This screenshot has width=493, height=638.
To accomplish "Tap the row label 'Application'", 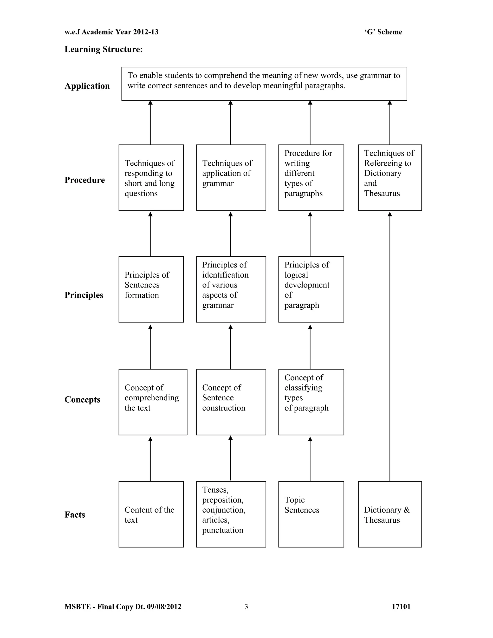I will coord(87,86).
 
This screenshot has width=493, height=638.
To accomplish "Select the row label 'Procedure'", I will coord(85,180).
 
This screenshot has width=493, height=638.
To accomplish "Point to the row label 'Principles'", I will coord(84,295).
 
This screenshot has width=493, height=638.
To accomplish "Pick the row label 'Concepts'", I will coord(82,399).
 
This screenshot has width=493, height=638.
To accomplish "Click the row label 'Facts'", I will coord(75,514).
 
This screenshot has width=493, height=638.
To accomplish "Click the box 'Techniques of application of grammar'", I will coord(231,177).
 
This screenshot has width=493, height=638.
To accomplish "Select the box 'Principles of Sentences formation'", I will coord(151,289).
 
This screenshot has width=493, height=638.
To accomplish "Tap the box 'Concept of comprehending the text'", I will coord(153,402).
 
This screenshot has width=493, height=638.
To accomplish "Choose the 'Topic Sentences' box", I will coord(311,514).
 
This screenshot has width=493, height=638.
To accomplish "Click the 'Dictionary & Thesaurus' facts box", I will coord(390,514).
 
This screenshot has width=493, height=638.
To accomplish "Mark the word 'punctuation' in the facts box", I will coord(223,530).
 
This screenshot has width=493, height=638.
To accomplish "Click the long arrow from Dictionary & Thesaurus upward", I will coord(390,345).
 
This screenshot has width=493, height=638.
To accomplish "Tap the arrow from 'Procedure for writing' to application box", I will coord(310,123).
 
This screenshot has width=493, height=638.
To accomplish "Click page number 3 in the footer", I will coord(246,607).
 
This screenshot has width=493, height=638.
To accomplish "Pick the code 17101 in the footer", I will coord(401,607).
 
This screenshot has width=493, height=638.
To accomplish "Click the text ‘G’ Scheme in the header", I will coord(383,32).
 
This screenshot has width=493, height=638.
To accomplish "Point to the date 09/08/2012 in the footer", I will coord(164,607).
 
